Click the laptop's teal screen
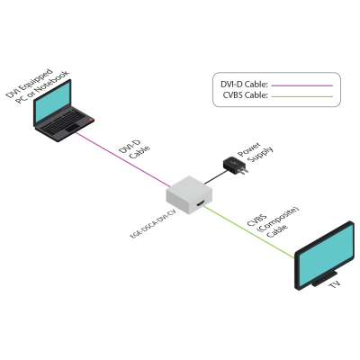(53, 102)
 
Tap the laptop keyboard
(66, 121)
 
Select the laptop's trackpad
(72, 129)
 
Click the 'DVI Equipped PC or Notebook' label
(37, 85)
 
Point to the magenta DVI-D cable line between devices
(122, 159)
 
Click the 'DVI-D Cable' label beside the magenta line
(134, 149)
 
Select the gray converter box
(189, 194)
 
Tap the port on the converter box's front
(200, 203)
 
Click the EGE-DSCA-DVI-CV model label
(152, 224)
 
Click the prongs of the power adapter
(244, 171)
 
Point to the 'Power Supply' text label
(256, 152)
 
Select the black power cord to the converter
(214, 177)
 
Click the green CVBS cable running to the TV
(249, 232)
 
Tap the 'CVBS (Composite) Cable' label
(273, 222)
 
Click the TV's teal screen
(325, 255)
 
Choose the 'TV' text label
(334, 283)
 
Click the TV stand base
(325, 278)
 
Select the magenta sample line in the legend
(301, 85)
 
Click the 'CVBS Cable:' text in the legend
(245, 95)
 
